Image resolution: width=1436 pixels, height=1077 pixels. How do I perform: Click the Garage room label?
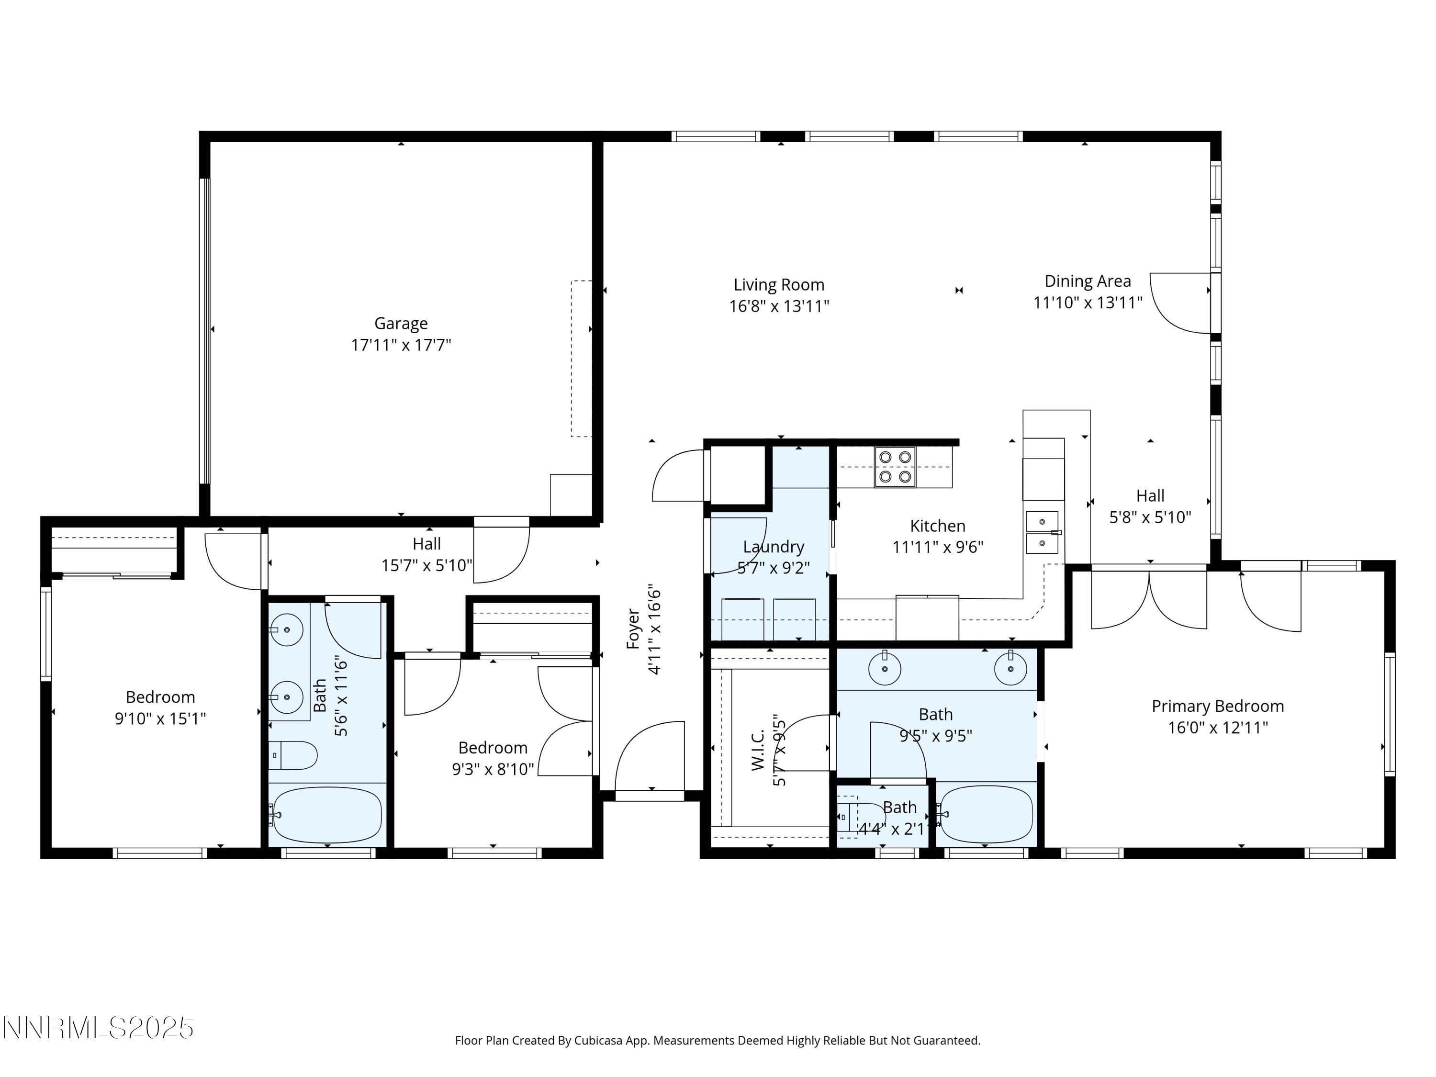tap(401, 323)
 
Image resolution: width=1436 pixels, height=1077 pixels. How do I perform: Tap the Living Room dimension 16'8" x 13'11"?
tap(778, 306)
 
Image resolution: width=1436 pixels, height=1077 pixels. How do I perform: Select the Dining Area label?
tap(1088, 281)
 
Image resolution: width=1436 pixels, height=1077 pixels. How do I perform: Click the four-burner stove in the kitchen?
tap(895, 467)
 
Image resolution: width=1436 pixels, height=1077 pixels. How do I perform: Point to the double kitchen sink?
tap(1041, 532)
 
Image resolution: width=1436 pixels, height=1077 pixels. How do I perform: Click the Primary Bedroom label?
tap(1217, 707)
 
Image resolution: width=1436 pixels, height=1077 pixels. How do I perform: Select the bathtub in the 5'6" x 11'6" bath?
tap(327, 815)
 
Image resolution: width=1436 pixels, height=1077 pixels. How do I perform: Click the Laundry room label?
tap(773, 547)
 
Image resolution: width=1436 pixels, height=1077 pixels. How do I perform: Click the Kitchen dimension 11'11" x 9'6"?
tap(937, 547)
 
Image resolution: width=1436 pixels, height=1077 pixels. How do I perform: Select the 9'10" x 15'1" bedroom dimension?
tap(160, 718)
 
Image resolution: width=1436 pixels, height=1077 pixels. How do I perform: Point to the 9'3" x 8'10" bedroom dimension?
tap(493, 769)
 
